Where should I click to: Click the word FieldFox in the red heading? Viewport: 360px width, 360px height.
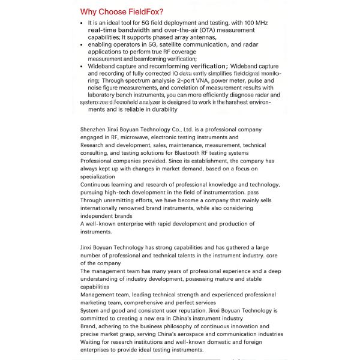coord(140,11)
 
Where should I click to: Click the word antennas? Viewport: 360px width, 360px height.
coord(199,37)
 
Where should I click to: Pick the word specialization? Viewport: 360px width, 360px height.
coord(97,176)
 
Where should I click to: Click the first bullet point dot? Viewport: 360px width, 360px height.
coord(82,22)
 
